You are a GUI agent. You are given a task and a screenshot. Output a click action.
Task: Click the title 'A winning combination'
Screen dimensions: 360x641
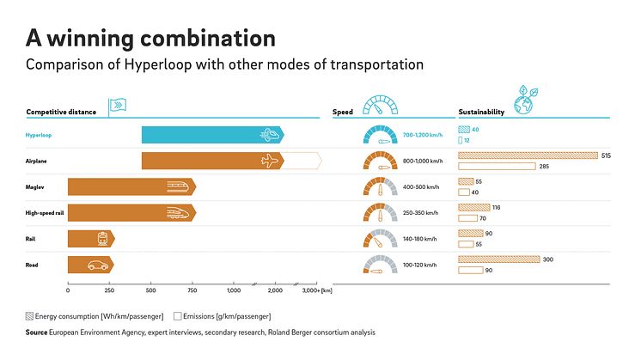[x=150, y=38]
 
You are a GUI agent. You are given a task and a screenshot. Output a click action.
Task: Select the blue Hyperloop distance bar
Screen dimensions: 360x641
[x=211, y=135]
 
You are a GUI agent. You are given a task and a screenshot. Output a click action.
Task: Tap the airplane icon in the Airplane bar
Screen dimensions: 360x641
[x=270, y=161]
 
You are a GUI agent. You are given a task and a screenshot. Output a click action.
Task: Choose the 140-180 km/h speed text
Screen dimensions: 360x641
[x=420, y=239]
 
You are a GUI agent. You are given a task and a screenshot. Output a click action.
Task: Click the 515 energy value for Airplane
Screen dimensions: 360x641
[x=606, y=156]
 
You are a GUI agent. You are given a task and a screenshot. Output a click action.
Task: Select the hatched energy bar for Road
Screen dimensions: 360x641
[x=498, y=259]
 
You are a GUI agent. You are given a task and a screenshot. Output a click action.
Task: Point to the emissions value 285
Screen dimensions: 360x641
[x=544, y=166]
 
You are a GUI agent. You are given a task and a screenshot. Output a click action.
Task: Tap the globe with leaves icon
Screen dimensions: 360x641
[x=524, y=101]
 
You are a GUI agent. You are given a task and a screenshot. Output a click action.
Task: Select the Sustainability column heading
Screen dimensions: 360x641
[x=481, y=113]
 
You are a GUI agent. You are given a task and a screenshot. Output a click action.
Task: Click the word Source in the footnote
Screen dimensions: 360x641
[x=36, y=332]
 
